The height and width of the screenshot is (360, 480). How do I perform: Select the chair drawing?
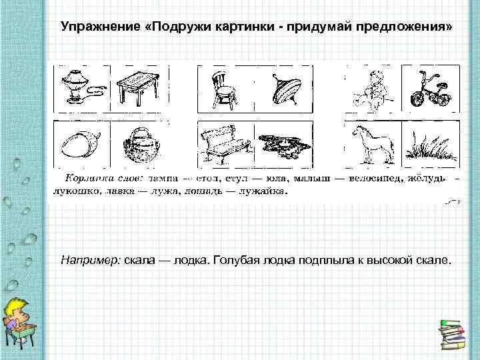224,91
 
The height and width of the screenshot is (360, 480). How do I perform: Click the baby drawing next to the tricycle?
370,91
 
